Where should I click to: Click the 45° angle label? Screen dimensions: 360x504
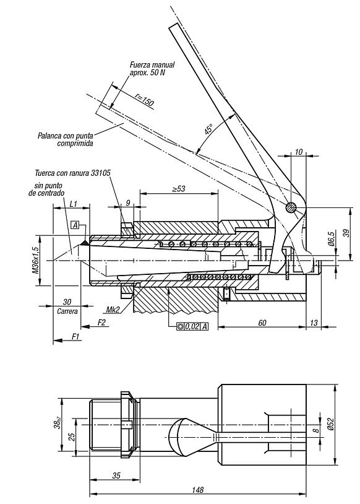(208, 129)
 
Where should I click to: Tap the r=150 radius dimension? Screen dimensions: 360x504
(144, 98)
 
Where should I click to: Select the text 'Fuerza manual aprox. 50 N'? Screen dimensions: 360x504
(152, 69)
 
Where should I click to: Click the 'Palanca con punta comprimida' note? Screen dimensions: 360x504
(66, 139)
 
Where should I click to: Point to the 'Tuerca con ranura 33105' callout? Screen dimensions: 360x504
(72, 173)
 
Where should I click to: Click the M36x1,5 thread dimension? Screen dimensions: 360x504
(35, 260)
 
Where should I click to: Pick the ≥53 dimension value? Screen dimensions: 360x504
(179, 189)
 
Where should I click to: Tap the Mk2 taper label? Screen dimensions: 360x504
(113, 310)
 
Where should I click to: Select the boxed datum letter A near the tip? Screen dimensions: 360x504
(75, 225)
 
